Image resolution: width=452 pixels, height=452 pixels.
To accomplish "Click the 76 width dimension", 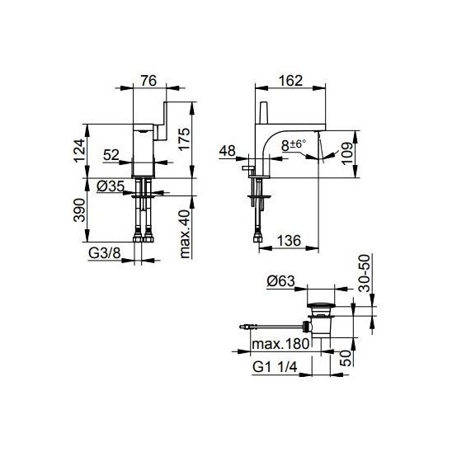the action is [x=148, y=81].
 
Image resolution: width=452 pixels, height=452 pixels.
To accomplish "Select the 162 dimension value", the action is [x=290, y=81].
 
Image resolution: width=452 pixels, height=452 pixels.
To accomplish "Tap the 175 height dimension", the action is [x=184, y=139].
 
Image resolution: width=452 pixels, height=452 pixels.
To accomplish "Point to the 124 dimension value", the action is [x=79, y=150].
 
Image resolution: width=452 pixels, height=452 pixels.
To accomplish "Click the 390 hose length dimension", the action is [x=79, y=210].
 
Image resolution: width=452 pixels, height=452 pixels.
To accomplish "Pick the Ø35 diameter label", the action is [x=111, y=186].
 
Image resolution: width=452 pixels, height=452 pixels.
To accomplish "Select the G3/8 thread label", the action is [x=104, y=253].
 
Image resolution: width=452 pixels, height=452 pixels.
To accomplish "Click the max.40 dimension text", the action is [x=185, y=233].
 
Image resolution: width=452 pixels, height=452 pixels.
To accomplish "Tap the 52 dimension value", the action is [x=111, y=155].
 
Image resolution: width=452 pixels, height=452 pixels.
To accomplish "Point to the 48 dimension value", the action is [x=227, y=151].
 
